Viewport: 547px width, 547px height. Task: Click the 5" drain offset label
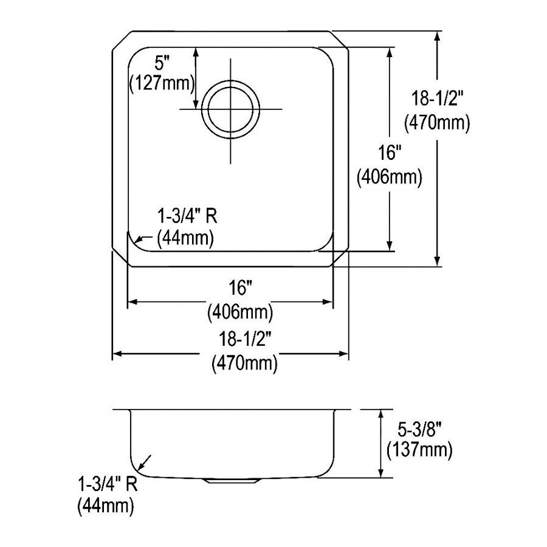[x=162, y=64]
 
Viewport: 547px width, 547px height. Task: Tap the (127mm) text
[x=162, y=84]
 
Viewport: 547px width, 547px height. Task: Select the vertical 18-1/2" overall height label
[x=437, y=98]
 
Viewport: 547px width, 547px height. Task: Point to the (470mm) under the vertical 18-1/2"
[x=437, y=123]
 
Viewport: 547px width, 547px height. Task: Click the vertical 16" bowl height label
[x=388, y=153]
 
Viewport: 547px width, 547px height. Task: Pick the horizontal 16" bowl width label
[x=240, y=288]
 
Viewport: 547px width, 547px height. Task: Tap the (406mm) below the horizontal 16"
[x=240, y=312]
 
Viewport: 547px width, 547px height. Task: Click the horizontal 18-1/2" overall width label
[x=244, y=339]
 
